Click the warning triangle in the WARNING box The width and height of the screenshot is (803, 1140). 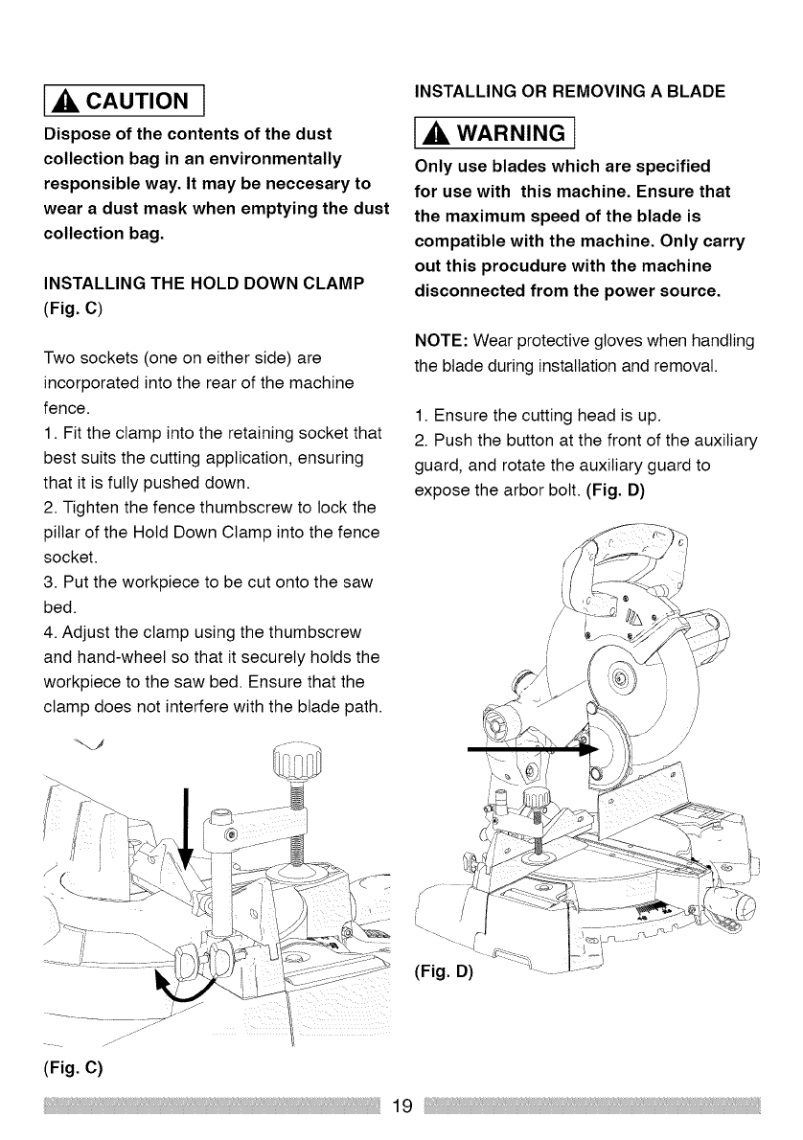[x=437, y=129]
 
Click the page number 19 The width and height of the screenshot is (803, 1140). [x=401, y=1106]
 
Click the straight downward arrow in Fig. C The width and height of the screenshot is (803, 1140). [x=186, y=824]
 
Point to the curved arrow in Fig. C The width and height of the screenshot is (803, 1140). [x=182, y=987]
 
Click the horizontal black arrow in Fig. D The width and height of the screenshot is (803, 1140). [x=526, y=752]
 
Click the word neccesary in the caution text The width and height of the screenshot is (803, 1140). [x=292, y=183]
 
